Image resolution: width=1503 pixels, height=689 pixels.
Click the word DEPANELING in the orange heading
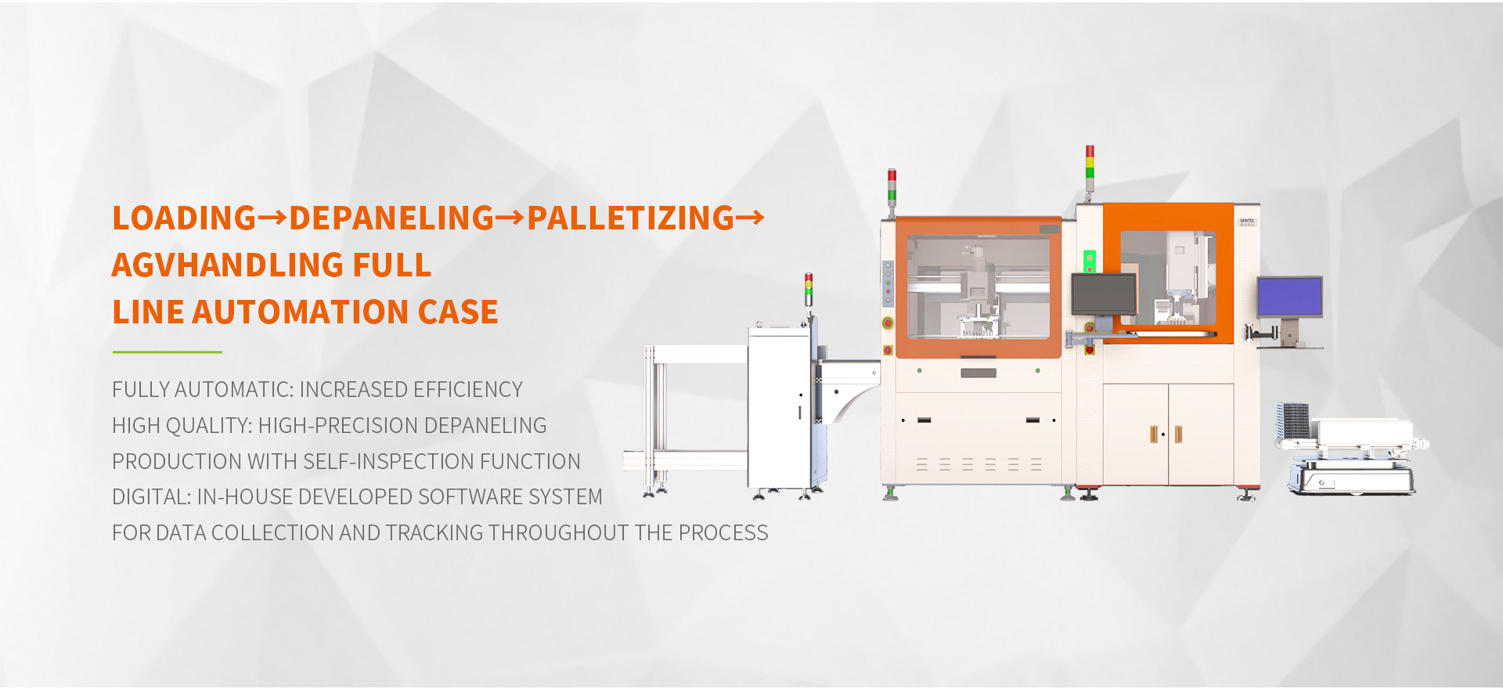point(391,218)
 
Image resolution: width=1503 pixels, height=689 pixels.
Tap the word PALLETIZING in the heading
point(630,218)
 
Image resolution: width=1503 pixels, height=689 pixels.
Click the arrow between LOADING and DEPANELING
point(272,218)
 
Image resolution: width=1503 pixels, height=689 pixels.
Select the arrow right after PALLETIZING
point(750,218)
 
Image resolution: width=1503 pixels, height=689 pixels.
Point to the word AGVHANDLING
point(227,265)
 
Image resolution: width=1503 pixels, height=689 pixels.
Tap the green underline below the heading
point(167,352)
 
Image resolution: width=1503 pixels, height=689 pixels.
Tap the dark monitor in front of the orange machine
point(1104,294)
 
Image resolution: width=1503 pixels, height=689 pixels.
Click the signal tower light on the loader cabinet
point(809,289)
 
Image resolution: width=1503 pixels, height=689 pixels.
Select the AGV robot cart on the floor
point(1350,458)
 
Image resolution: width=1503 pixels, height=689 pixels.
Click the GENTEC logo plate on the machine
point(1247,222)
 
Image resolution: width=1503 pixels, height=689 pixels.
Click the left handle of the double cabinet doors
point(1153,434)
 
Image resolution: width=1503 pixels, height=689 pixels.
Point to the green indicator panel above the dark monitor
point(1089,261)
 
